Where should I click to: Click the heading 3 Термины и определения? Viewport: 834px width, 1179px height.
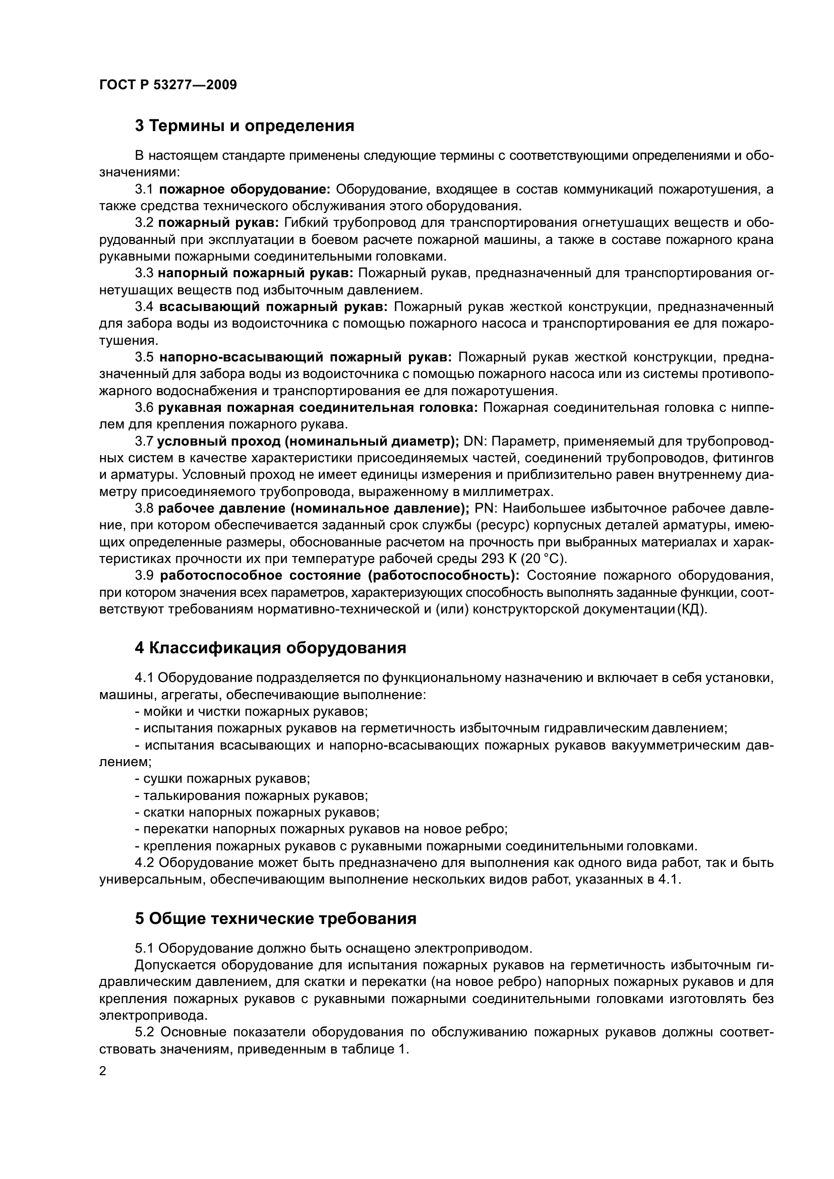click(x=245, y=126)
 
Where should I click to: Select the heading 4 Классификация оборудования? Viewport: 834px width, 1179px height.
click(x=270, y=648)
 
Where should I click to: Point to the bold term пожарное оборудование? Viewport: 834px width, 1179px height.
click(x=245, y=190)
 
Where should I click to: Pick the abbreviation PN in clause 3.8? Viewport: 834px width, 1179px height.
click(x=483, y=509)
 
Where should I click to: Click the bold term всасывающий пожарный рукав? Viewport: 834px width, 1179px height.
click(x=273, y=307)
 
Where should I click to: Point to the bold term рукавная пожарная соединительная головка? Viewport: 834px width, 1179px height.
click(x=317, y=408)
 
